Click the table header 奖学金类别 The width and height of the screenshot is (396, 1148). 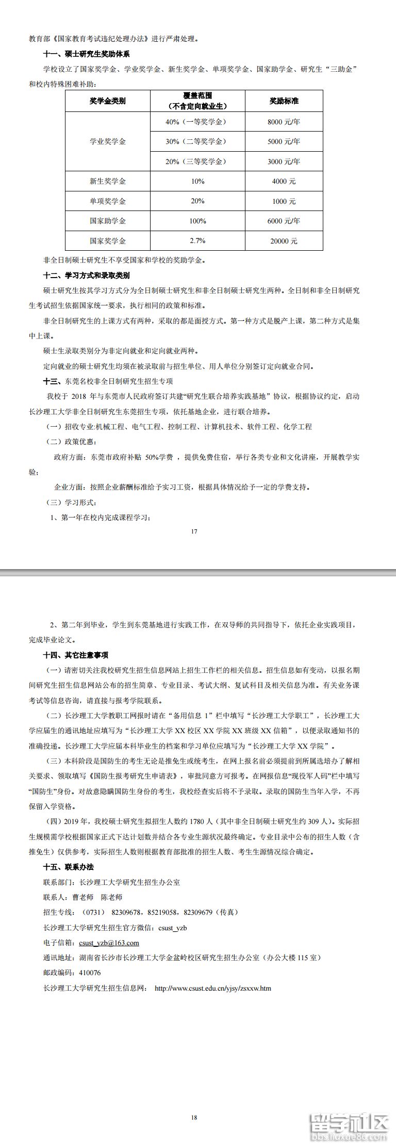pyautogui.click(x=107, y=101)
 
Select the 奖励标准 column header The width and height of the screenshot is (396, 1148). pyautogui.click(x=284, y=101)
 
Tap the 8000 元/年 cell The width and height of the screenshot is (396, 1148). pyautogui.click(x=284, y=122)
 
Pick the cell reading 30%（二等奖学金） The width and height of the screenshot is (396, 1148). pyautogui.click(x=197, y=141)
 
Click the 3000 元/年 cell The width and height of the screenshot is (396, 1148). pyautogui.click(x=284, y=161)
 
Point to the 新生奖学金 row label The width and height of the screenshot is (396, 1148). pyautogui.click(x=107, y=181)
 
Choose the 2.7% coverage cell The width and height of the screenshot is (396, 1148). pyautogui.click(x=197, y=240)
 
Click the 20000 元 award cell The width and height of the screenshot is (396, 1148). pyautogui.click(x=284, y=241)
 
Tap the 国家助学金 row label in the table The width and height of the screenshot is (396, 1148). pyautogui.click(x=107, y=221)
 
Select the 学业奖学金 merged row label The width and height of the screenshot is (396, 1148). pyautogui.click(x=107, y=141)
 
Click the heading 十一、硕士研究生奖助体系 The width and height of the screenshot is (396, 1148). pyautogui.click(x=86, y=54)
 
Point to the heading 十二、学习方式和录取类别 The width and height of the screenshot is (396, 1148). pyautogui.click(x=86, y=276)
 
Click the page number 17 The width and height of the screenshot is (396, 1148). pyautogui.click(x=194, y=531)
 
